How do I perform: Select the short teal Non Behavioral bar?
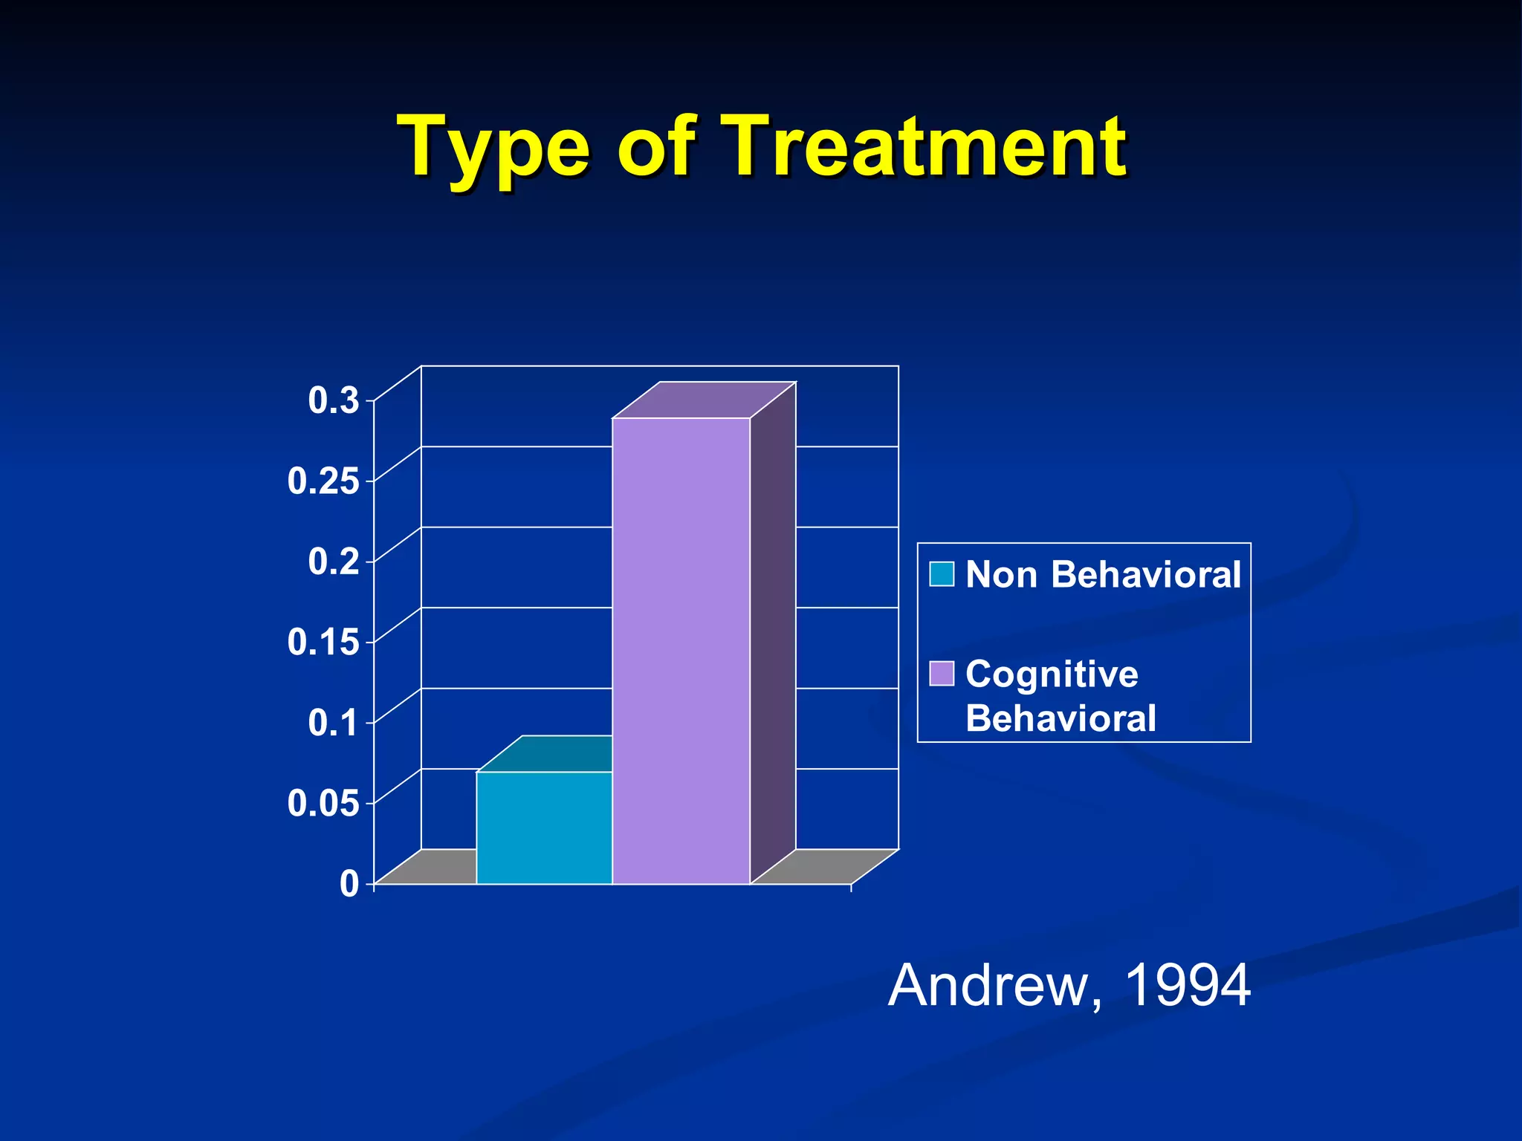tap(544, 828)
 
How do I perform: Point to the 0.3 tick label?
tap(334, 401)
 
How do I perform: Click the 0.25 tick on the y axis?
tap(323, 481)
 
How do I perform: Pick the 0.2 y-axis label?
tap(334, 562)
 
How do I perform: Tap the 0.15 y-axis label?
tap(323, 642)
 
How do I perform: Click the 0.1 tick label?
tap(334, 723)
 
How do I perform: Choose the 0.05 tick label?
tap(323, 803)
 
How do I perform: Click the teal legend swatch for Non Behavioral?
tap(942, 574)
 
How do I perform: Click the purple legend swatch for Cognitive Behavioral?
tap(942, 674)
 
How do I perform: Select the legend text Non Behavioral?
tap(1103, 574)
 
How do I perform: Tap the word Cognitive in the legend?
tap(1052, 674)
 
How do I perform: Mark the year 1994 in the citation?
tap(1188, 986)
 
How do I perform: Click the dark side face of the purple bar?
tap(773, 631)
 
